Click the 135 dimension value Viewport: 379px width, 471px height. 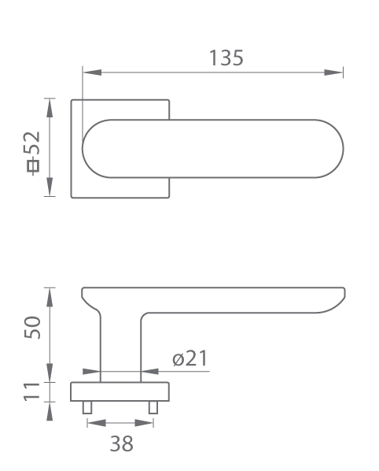coord(226,57)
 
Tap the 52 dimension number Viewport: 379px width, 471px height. coord(32,143)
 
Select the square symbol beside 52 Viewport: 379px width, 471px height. coord(33,166)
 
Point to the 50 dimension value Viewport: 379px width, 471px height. coord(32,328)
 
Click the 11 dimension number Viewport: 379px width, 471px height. coord(31,391)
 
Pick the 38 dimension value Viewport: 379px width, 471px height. coord(121,443)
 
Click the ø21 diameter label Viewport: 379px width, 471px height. coord(189,358)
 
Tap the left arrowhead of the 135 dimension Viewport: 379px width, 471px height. coord(92,72)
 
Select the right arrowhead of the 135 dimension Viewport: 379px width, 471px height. coord(333,72)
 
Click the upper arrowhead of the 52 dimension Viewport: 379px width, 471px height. coord(50,108)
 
